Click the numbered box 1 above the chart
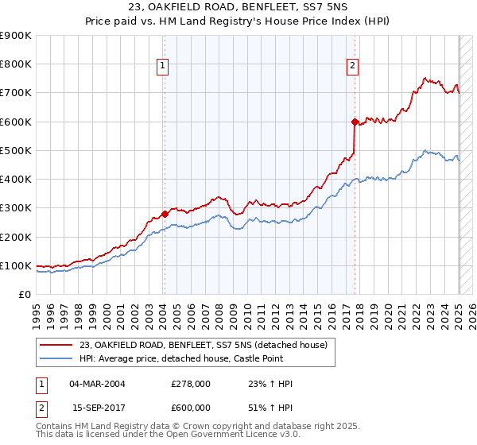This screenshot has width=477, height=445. point(162,67)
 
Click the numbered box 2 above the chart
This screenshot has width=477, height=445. point(352,67)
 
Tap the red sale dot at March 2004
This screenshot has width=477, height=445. point(165,214)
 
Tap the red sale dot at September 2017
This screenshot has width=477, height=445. point(355,122)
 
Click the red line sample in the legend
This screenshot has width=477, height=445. point(57,344)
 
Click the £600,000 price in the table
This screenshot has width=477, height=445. point(191,407)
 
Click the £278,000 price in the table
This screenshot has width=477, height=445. point(191,384)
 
